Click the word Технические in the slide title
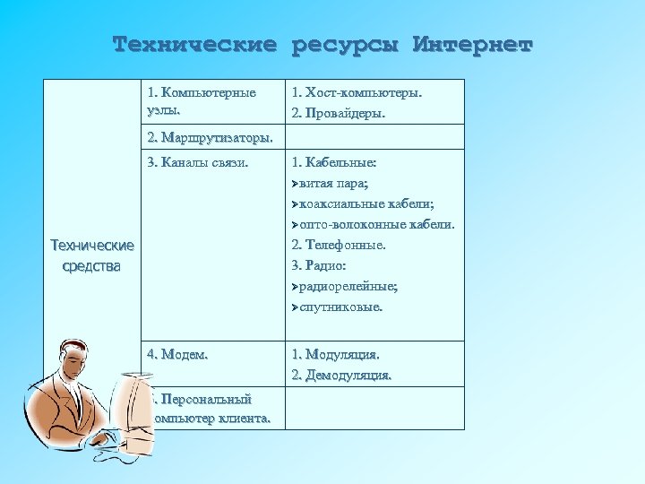pyautogui.click(x=194, y=44)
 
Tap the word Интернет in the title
pyautogui.click(x=472, y=44)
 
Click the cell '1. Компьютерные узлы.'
pyautogui.click(x=202, y=101)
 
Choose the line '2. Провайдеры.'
pyautogui.click(x=338, y=114)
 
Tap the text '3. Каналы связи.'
pyautogui.click(x=197, y=163)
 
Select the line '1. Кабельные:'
pyautogui.click(x=334, y=163)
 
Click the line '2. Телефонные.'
pyautogui.click(x=338, y=245)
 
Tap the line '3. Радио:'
pyautogui.click(x=319, y=265)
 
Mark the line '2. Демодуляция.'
pyautogui.click(x=341, y=375)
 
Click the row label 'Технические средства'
pyautogui.click(x=92, y=255)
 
